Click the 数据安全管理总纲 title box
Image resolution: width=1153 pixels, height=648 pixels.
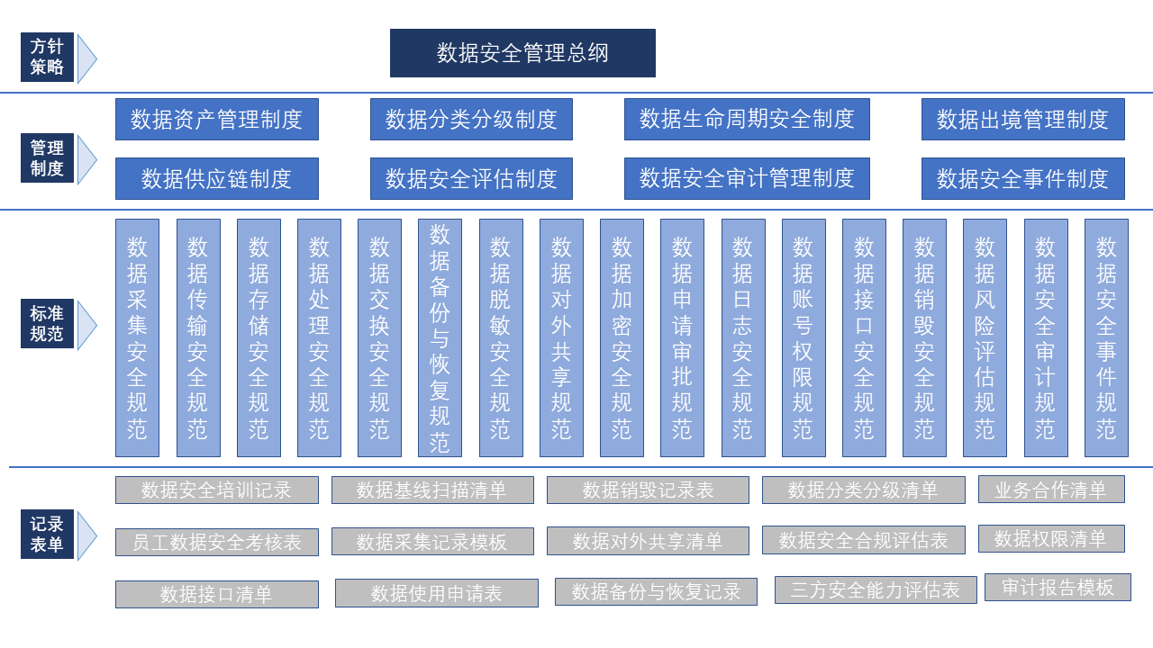pyautogui.click(x=522, y=53)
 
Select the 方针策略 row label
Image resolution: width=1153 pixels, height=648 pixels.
pyautogui.click(x=47, y=58)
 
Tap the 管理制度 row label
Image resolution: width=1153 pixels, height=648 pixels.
pyautogui.click(x=47, y=158)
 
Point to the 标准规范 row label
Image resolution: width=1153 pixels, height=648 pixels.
pyautogui.click(x=47, y=324)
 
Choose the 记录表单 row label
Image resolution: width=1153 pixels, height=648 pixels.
pyautogui.click(x=47, y=535)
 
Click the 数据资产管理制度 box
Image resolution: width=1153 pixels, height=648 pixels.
pyautogui.click(x=216, y=120)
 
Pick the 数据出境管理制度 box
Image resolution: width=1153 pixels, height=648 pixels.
pyautogui.click(x=1022, y=120)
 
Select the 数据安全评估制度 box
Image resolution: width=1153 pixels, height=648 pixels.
pyautogui.click(x=471, y=179)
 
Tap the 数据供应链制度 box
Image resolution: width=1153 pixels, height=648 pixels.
pyautogui.click(x=216, y=179)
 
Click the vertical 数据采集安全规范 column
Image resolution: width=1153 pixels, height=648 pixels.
pyautogui.click(x=137, y=337)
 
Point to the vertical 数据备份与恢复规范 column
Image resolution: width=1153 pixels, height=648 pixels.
pyautogui.click(x=440, y=337)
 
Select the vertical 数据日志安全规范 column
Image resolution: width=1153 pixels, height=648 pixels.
pyautogui.click(x=742, y=337)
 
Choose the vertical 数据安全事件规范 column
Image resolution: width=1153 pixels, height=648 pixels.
pyautogui.click(x=1106, y=337)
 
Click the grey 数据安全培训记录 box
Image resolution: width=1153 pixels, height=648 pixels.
pyautogui.click(x=216, y=490)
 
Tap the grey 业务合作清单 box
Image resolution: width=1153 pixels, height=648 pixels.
pyautogui.click(x=1051, y=490)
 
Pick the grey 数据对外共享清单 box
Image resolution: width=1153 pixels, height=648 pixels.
pyautogui.click(x=648, y=541)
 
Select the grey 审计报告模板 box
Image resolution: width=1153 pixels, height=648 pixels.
pyautogui.click(x=1058, y=588)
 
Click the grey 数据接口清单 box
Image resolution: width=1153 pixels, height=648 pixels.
pyautogui.click(x=216, y=595)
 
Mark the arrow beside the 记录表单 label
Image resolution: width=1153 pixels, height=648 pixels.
pyautogui.click(x=86, y=535)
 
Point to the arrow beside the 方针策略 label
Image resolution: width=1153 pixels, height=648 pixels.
pyautogui.click(x=86, y=58)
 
